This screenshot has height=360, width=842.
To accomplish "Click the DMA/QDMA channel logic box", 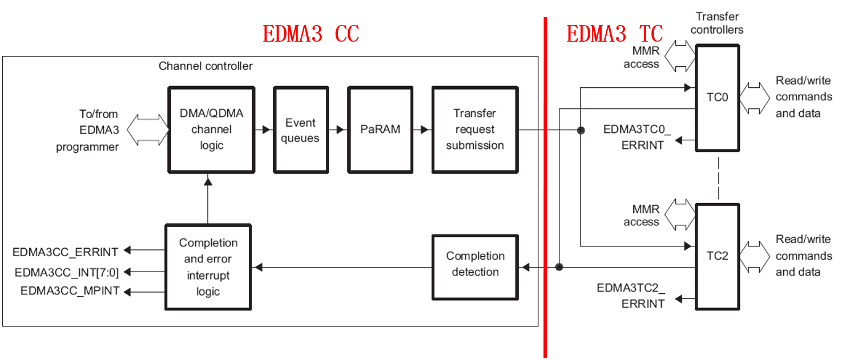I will (211, 130).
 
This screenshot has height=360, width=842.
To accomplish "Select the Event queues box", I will (300, 130).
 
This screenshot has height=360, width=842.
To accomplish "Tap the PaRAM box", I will (380, 130).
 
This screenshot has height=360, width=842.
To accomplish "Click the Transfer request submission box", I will (475, 130).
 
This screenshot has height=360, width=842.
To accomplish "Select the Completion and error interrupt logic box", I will (208, 267).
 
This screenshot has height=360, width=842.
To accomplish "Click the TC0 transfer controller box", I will (717, 98).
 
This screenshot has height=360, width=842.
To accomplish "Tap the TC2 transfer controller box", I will (717, 256).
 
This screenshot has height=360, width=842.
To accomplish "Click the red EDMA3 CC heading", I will (311, 34).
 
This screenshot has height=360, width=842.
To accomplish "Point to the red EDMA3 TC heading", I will (615, 34).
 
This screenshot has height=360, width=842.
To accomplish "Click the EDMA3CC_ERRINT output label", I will (65, 252).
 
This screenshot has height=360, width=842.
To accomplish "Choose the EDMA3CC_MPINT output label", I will (70, 291).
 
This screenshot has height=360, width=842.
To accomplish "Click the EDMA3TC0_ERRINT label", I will (637, 137).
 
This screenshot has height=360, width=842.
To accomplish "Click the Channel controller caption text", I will (206, 66).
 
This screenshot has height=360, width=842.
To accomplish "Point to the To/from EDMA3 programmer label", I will (87, 130).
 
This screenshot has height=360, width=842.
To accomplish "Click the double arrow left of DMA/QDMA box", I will (147, 130).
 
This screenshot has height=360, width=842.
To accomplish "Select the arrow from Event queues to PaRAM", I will (338, 130).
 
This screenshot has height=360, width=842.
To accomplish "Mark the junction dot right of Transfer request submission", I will (581, 131).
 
